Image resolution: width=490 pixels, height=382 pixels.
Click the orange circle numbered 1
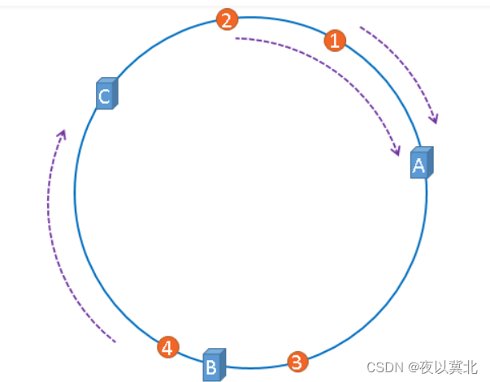click(x=335, y=40)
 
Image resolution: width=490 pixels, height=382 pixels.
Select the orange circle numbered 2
click(x=228, y=20)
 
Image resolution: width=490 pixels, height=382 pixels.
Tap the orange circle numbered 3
click(x=297, y=361)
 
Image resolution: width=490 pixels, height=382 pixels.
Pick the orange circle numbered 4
click(x=167, y=348)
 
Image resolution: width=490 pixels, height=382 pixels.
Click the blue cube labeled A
click(x=421, y=164)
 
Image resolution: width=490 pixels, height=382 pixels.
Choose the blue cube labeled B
click(x=213, y=365)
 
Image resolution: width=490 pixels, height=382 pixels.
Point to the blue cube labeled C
click(x=106, y=94)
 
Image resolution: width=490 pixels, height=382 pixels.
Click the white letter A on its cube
click(x=418, y=166)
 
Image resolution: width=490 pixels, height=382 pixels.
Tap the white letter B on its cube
click(x=210, y=367)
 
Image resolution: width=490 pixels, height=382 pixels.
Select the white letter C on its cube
click(x=104, y=97)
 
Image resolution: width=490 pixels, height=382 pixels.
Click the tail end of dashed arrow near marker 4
click(x=115, y=341)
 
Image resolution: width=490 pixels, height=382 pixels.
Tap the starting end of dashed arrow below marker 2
click(x=236, y=38)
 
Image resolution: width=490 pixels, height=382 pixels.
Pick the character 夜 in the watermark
click(x=427, y=367)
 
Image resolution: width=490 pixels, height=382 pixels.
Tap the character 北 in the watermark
click(x=470, y=367)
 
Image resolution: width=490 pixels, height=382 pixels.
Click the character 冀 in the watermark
click(x=455, y=367)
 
